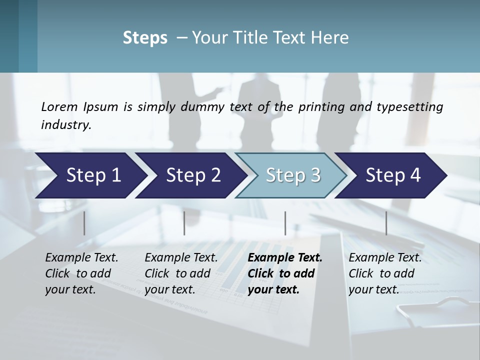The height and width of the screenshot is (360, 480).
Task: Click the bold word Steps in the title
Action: (x=145, y=38)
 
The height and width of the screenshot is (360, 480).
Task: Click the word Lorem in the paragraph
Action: (x=59, y=106)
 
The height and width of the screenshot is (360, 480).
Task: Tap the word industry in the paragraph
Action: (x=66, y=124)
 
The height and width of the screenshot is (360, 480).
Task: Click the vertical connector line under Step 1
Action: (x=84, y=223)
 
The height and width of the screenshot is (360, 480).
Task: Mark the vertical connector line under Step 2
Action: (x=184, y=223)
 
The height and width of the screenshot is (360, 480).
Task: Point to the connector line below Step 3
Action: (x=285, y=223)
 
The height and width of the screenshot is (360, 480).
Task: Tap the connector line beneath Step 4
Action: (x=386, y=223)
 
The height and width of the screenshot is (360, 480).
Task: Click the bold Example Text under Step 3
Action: (x=285, y=258)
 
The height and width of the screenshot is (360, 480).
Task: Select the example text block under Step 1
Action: (x=81, y=273)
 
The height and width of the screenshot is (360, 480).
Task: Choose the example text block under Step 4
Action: (x=385, y=273)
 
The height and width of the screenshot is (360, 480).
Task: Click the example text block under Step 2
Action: (x=181, y=273)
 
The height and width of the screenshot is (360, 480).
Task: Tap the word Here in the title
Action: (x=330, y=38)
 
